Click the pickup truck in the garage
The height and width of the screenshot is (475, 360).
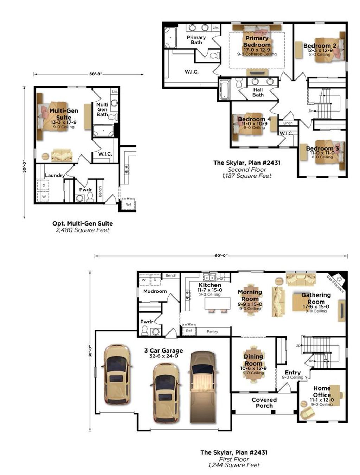click(202, 387)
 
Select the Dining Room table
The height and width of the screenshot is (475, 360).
click(253, 366)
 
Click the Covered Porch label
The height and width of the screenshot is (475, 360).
click(264, 403)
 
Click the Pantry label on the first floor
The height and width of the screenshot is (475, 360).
click(212, 331)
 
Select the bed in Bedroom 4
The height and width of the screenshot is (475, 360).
click(248, 127)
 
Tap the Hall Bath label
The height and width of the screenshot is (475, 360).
click(258, 93)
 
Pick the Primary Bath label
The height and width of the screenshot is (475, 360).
click(196, 40)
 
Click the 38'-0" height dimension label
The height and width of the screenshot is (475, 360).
click(90, 351)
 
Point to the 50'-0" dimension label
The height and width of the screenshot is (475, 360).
click(24, 166)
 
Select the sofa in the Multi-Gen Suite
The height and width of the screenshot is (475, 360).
click(62, 155)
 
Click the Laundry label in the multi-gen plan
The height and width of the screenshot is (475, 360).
click(55, 175)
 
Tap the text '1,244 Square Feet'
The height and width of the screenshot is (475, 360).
click(234, 465)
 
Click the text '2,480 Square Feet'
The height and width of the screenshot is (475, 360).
click(83, 230)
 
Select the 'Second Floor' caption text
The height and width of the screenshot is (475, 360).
click(247, 169)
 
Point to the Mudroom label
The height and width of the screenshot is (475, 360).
click(155, 291)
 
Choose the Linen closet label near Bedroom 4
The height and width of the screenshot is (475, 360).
click(288, 123)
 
